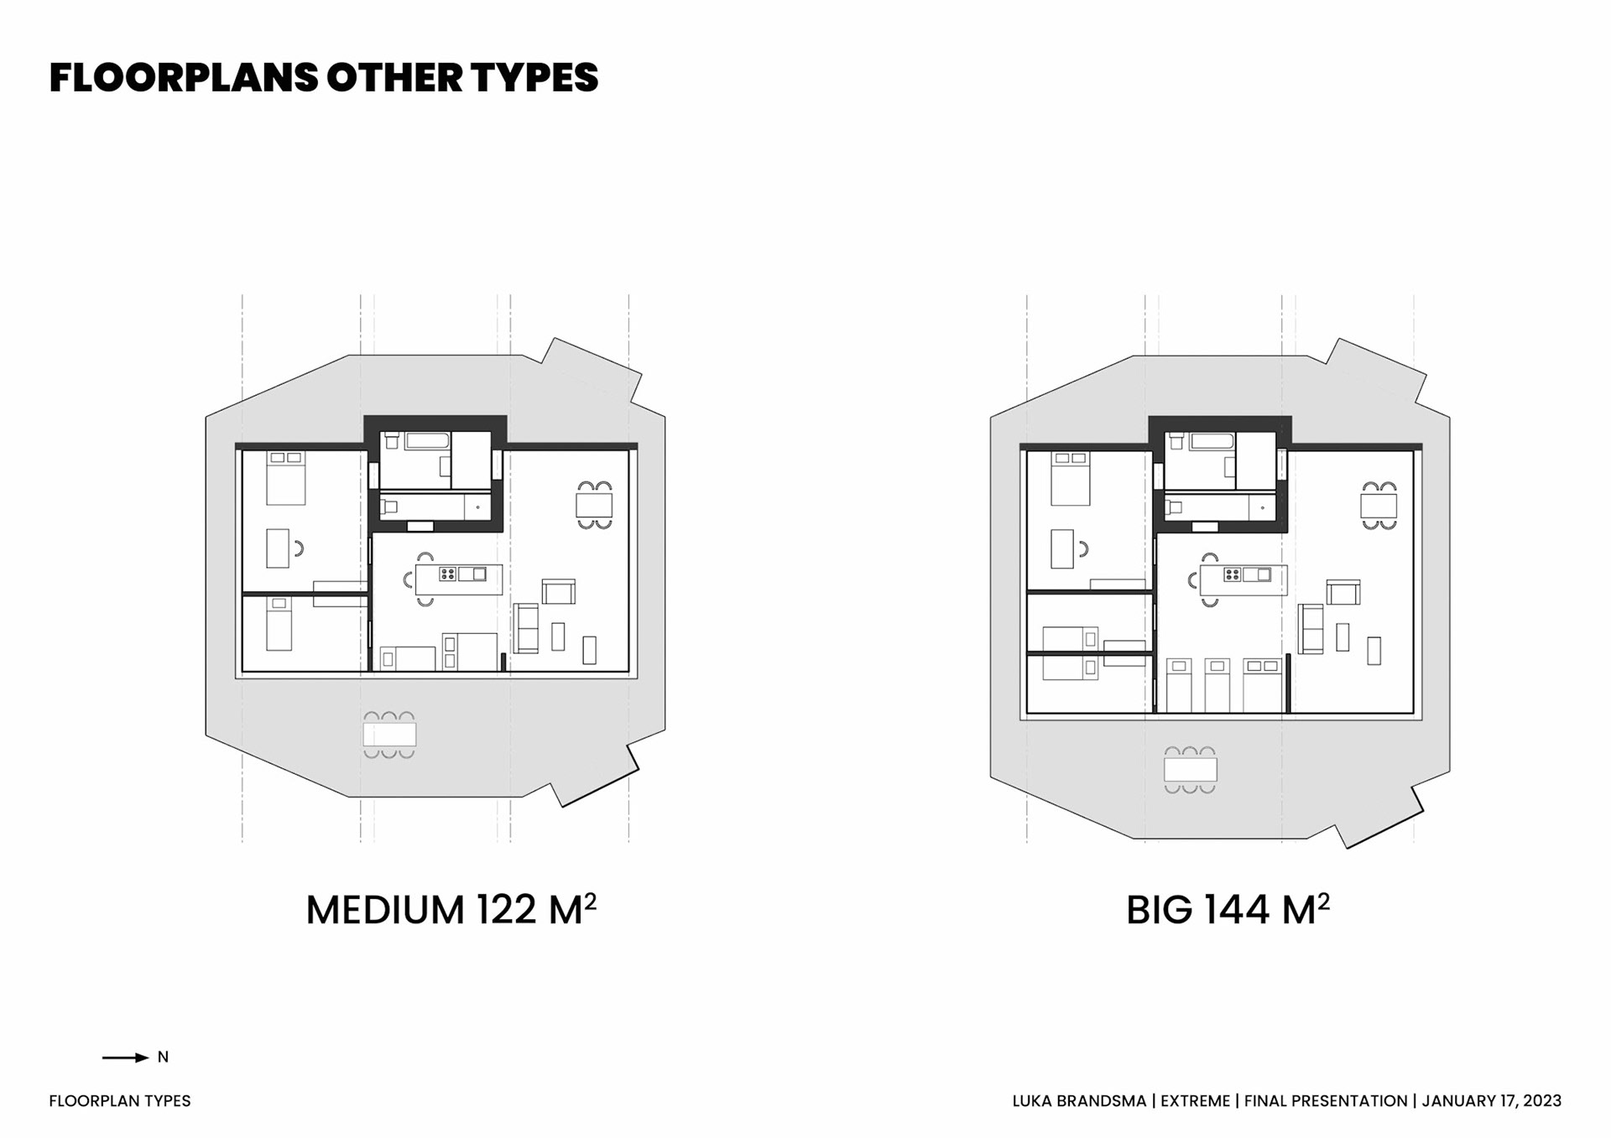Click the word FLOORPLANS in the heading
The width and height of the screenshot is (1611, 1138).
[x=184, y=77]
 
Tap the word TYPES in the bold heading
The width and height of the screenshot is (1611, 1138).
[x=534, y=77]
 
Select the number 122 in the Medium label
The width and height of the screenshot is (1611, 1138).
[x=506, y=910]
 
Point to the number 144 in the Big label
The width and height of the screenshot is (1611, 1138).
[x=1237, y=910]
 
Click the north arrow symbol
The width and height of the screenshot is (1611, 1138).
[x=126, y=1057]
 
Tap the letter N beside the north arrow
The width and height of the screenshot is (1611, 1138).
[x=163, y=1057]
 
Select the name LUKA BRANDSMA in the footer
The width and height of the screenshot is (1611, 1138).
[x=1079, y=1101]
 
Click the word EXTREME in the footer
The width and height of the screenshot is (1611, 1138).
[x=1195, y=1101]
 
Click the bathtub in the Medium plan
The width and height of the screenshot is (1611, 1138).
[x=428, y=440]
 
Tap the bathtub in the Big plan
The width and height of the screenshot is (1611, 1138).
[x=1212, y=441]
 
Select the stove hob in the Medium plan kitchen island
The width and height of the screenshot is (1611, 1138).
[x=448, y=574]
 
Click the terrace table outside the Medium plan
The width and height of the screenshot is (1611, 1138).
[x=389, y=735]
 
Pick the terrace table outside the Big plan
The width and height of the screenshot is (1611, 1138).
[x=1191, y=769]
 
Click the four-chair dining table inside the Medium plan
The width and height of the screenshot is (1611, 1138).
[x=594, y=505]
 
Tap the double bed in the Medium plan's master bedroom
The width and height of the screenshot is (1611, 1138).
[x=286, y=478]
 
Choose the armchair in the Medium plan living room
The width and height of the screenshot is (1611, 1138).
[x=559, y=592]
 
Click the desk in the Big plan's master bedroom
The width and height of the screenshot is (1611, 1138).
[x=1062, y=549]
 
